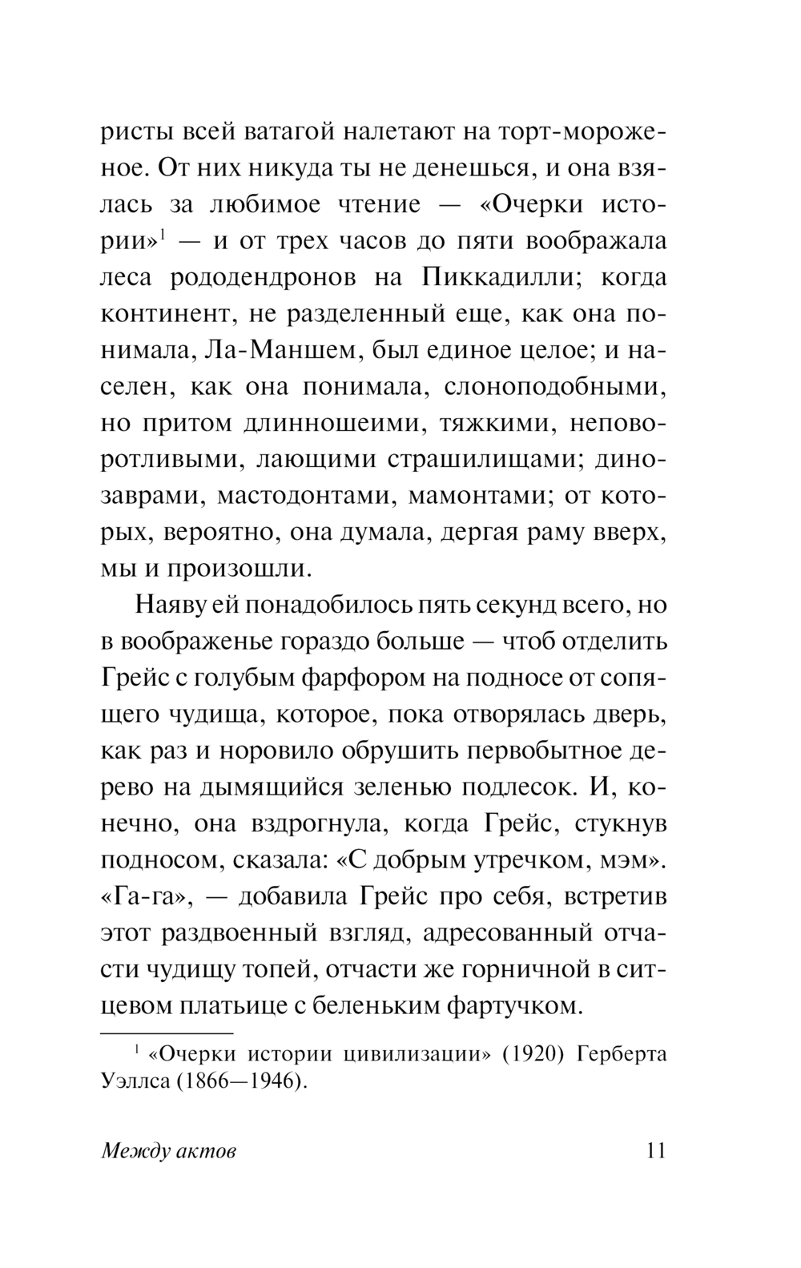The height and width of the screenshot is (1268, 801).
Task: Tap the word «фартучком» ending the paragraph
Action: pyautogui.click(x=512, y=1005)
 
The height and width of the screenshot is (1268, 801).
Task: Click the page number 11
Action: pyautogui.click(x=654, y=1151)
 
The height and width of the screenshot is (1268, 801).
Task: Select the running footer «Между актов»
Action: pyautogui.click(x=169, y=1152)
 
